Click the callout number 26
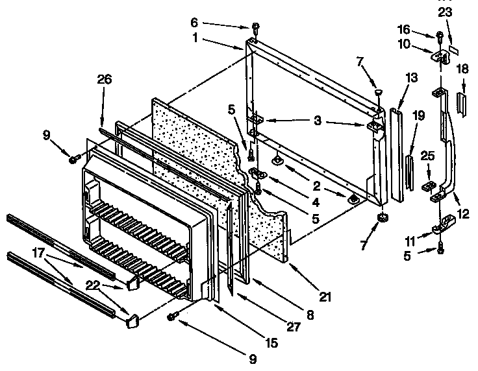104,80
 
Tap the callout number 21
325,298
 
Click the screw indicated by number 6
255,27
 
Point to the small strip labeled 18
462,102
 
